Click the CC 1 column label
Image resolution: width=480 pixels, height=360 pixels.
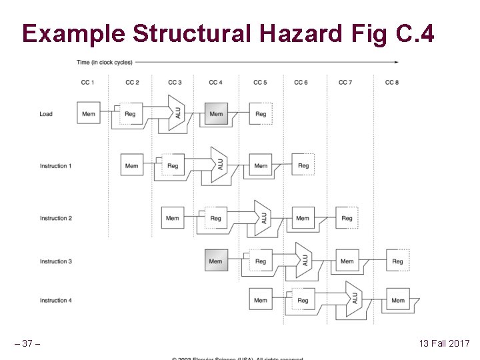point(87,83)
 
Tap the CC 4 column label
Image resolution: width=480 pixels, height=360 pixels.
point(215,83)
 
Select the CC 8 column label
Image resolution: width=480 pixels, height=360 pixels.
point(392,83)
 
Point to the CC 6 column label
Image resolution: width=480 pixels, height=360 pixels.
point(301,83)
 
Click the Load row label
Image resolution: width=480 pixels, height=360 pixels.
point(46,114)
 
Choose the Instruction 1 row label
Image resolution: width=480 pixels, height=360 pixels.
point(55,166)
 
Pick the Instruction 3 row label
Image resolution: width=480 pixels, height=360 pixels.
point(55,261)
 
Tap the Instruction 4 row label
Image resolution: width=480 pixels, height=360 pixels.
point(55,301)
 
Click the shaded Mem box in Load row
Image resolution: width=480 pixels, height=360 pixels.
point(216,114)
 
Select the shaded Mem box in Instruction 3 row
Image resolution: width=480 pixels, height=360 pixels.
point(216,261)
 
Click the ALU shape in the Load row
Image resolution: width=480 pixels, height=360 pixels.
point(177,113)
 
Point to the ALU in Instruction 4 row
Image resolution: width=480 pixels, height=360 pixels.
point(354,300)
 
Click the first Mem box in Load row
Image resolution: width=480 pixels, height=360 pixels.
point(88,114)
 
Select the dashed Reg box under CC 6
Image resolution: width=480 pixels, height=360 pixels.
point(303,165)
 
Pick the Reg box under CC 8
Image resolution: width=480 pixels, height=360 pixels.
point(398,261)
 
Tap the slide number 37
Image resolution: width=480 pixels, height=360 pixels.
point(27,343)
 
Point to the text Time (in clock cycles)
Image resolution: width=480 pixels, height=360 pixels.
point(105,63)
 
